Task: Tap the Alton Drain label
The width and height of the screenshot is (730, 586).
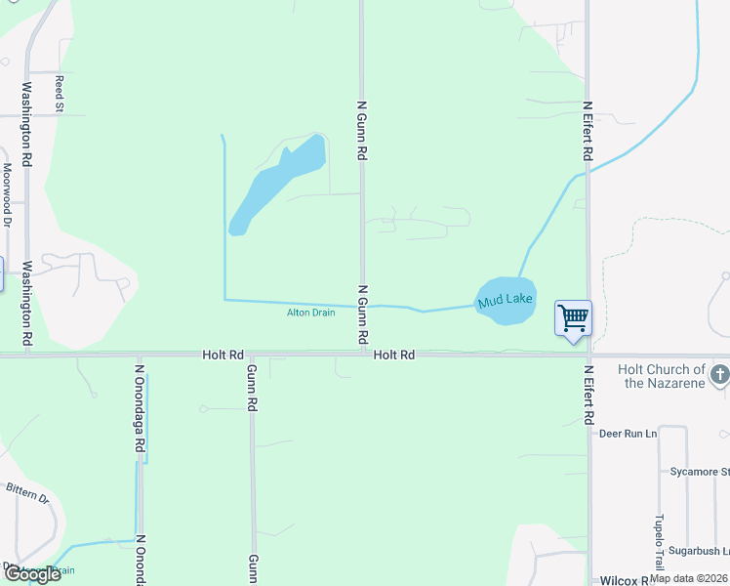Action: (x=310, y=313)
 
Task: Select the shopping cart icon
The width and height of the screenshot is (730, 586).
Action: (x=573, y=317)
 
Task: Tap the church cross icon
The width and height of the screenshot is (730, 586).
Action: (x=719, y=375)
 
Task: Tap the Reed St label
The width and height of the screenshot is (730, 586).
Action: (x=60, y=94)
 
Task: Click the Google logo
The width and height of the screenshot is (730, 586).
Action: (x=31, y=574)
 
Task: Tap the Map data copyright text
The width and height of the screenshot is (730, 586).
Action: (x=689, y=578)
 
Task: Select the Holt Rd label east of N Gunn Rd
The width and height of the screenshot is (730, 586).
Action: (x=394, y=356)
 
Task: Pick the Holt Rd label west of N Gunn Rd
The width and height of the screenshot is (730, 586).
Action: (x=223, y=356)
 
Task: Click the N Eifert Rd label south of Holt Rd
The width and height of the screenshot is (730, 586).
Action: (x=588, y=395)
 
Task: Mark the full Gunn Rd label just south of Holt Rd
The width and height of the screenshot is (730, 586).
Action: (x=252, y=387)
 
